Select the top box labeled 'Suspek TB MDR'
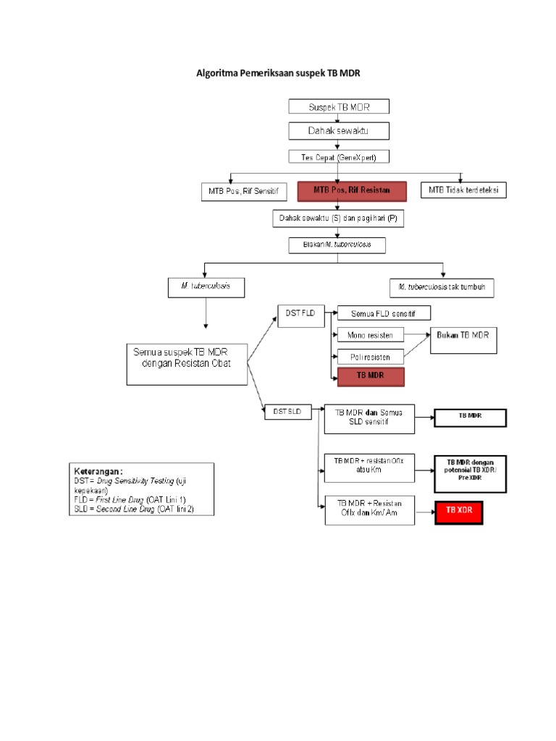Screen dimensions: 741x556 (339, 106)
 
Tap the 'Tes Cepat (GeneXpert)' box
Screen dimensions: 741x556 (339, 156)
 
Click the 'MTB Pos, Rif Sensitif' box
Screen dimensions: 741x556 (243, 191)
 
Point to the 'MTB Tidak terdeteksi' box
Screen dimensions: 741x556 (463, 190)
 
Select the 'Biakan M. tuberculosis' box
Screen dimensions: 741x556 (337, 245)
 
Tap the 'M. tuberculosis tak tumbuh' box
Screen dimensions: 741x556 (442, 287)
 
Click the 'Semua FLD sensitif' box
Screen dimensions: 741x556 (384, 313)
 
